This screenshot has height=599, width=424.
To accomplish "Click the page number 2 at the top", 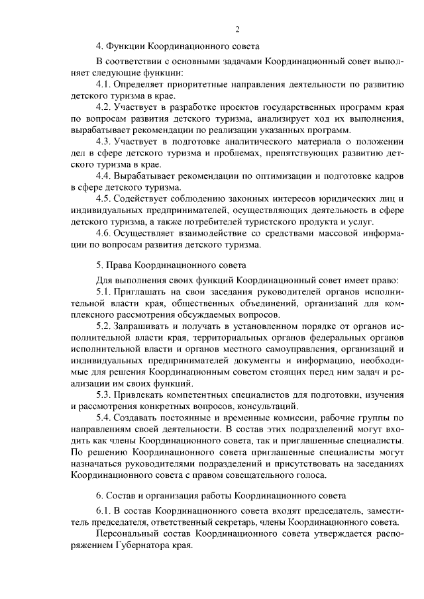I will coord(237,29).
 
